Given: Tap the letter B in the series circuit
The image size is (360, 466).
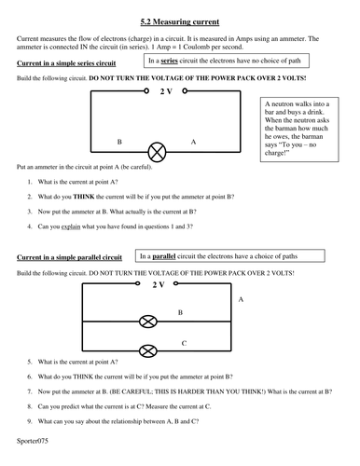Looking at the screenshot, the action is (x=118, y=143).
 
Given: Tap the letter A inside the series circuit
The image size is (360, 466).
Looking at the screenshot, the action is (x=193, y=143).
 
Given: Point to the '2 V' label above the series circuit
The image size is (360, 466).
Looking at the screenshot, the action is (x=166, y=93).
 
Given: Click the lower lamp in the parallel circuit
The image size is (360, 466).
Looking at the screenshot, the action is (x=146, y=350).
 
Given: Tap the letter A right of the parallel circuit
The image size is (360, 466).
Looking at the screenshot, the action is (x=242, y=299).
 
